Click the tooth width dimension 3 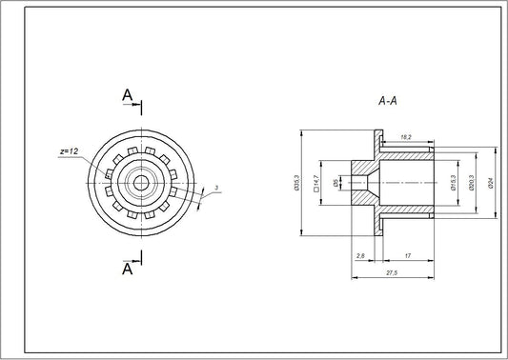point(216,188)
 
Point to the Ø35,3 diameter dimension point(297,181)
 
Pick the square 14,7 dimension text point(315,181)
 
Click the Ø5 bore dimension point(335,181)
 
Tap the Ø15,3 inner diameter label point(453,181)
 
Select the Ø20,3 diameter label point(474,181)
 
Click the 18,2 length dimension point(407,137)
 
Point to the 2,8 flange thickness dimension point(359,256)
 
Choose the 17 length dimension point(408,256)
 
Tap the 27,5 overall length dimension point(392,274)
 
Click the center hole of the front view point(141,181)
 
